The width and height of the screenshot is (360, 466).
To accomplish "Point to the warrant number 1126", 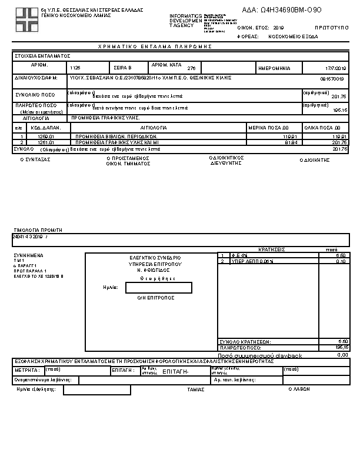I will pos(75,68).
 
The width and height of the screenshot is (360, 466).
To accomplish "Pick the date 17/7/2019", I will pos(336,68).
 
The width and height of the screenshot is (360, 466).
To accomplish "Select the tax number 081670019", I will pos(332,79).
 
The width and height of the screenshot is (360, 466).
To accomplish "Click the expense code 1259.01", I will pos(45,137).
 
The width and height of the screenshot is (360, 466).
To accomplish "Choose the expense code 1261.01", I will pos(45,142).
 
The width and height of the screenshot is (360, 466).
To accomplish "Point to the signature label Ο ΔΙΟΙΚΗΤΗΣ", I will pos(314,159).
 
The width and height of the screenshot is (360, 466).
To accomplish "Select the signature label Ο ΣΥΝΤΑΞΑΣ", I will pos(35,159).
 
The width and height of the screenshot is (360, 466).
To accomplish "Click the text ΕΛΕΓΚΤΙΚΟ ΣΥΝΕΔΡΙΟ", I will pos(155,258).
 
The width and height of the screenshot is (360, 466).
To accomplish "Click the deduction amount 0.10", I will pos(341,261).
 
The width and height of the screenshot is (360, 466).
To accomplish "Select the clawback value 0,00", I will pos(342,355).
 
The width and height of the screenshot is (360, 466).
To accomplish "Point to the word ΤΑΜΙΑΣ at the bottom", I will pos(195,390).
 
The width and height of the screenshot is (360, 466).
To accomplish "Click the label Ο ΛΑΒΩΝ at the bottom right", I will pos(299,389).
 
